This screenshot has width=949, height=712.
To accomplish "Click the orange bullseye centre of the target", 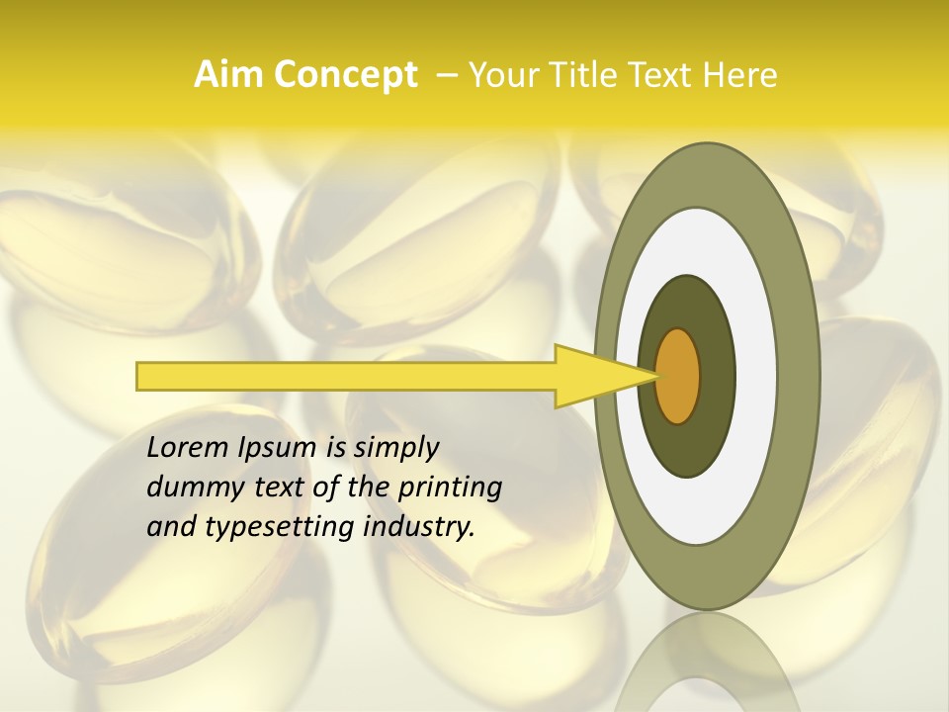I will click(x=678, y=376).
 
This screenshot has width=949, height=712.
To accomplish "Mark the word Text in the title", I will click(x=664, y=75).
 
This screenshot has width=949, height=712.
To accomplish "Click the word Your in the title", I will click(x=500, y=75).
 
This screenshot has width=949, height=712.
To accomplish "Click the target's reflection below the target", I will click(x=706, y=663).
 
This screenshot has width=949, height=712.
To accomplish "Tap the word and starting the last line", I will click(x=169, y=527).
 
